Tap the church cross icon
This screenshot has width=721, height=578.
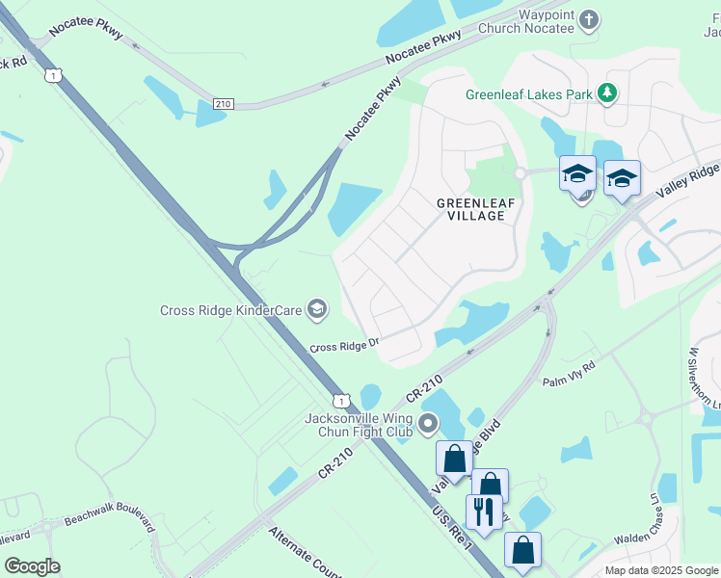pos(590,19)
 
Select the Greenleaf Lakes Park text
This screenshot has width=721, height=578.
pos(528,94)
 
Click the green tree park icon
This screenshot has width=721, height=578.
pos(607,93)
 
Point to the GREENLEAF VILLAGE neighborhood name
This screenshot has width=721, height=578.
pos(470,209)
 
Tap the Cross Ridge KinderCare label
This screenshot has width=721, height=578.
pos(230,310)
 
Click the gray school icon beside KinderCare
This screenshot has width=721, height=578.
pos(316,309)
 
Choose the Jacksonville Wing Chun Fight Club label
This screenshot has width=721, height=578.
pos(359,424)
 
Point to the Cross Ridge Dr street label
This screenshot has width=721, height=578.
pos(345,346)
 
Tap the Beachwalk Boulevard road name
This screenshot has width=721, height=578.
pos(109,517)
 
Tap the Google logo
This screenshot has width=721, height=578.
pos(32,566)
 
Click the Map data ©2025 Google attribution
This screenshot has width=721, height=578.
pos(661,570)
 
